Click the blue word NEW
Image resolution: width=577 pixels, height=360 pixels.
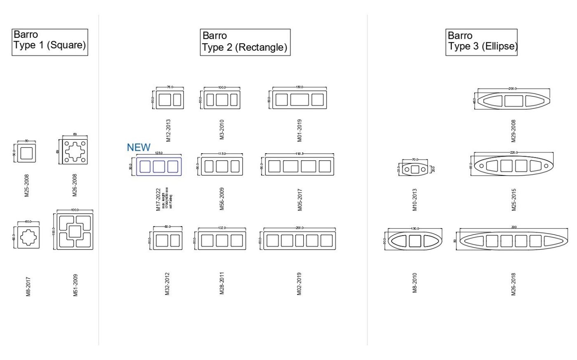point(138,147)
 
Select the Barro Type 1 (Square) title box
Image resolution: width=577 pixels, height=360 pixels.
point(50,42)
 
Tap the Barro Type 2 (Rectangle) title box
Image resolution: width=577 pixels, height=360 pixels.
point(245,42)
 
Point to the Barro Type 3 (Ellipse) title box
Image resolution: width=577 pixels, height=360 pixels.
point(481,42)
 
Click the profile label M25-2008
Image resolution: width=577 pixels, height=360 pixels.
point(27,185)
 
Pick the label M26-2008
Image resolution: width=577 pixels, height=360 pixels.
point(75,185)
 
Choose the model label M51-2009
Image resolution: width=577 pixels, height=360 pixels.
point(75,285)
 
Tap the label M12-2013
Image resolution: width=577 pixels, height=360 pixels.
point(168,131)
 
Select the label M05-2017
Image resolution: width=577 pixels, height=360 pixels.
point(300,200)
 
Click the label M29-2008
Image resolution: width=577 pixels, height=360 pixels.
point(514,131)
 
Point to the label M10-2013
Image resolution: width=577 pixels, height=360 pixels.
point(415,200)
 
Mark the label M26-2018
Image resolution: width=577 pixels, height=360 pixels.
point(514,284)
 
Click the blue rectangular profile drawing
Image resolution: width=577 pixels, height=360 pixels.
point(159,166)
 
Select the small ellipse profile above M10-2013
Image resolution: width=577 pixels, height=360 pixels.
point(415,169)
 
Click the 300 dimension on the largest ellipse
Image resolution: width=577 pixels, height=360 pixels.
point(514,227)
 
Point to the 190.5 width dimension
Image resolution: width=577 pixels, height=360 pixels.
point(300,154)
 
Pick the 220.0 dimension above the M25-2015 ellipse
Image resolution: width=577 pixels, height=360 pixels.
point(514,152)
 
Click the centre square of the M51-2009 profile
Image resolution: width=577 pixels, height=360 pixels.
point(75,231)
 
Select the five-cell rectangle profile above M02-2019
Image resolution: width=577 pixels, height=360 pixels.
point(300,241)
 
